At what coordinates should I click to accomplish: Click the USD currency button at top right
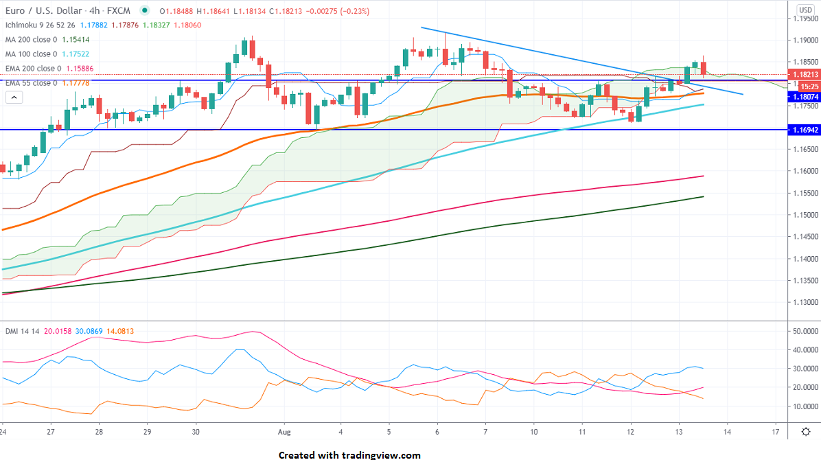(805, 10)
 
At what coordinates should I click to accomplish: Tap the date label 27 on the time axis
(51, 431)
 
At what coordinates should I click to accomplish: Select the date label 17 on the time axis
(775, 431)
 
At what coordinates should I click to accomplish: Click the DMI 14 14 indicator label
(20, 331)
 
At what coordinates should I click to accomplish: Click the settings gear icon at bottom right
(806, 431)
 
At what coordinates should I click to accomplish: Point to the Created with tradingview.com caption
(349, 455)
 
